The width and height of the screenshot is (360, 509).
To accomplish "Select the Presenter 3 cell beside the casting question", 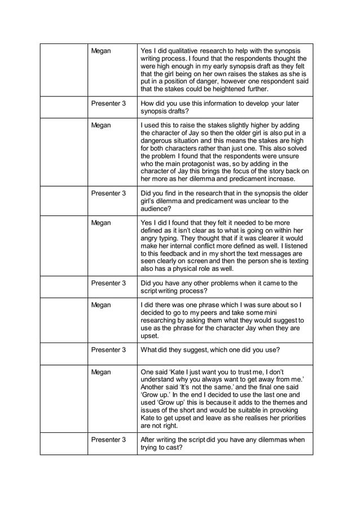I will [x=108, y=440].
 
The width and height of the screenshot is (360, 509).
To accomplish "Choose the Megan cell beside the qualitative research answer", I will [x=102, y=51].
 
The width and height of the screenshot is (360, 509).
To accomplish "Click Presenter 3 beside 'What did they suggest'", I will [x=108, y=350].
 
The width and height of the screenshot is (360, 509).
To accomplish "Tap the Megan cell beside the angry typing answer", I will [x=102, y=223].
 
